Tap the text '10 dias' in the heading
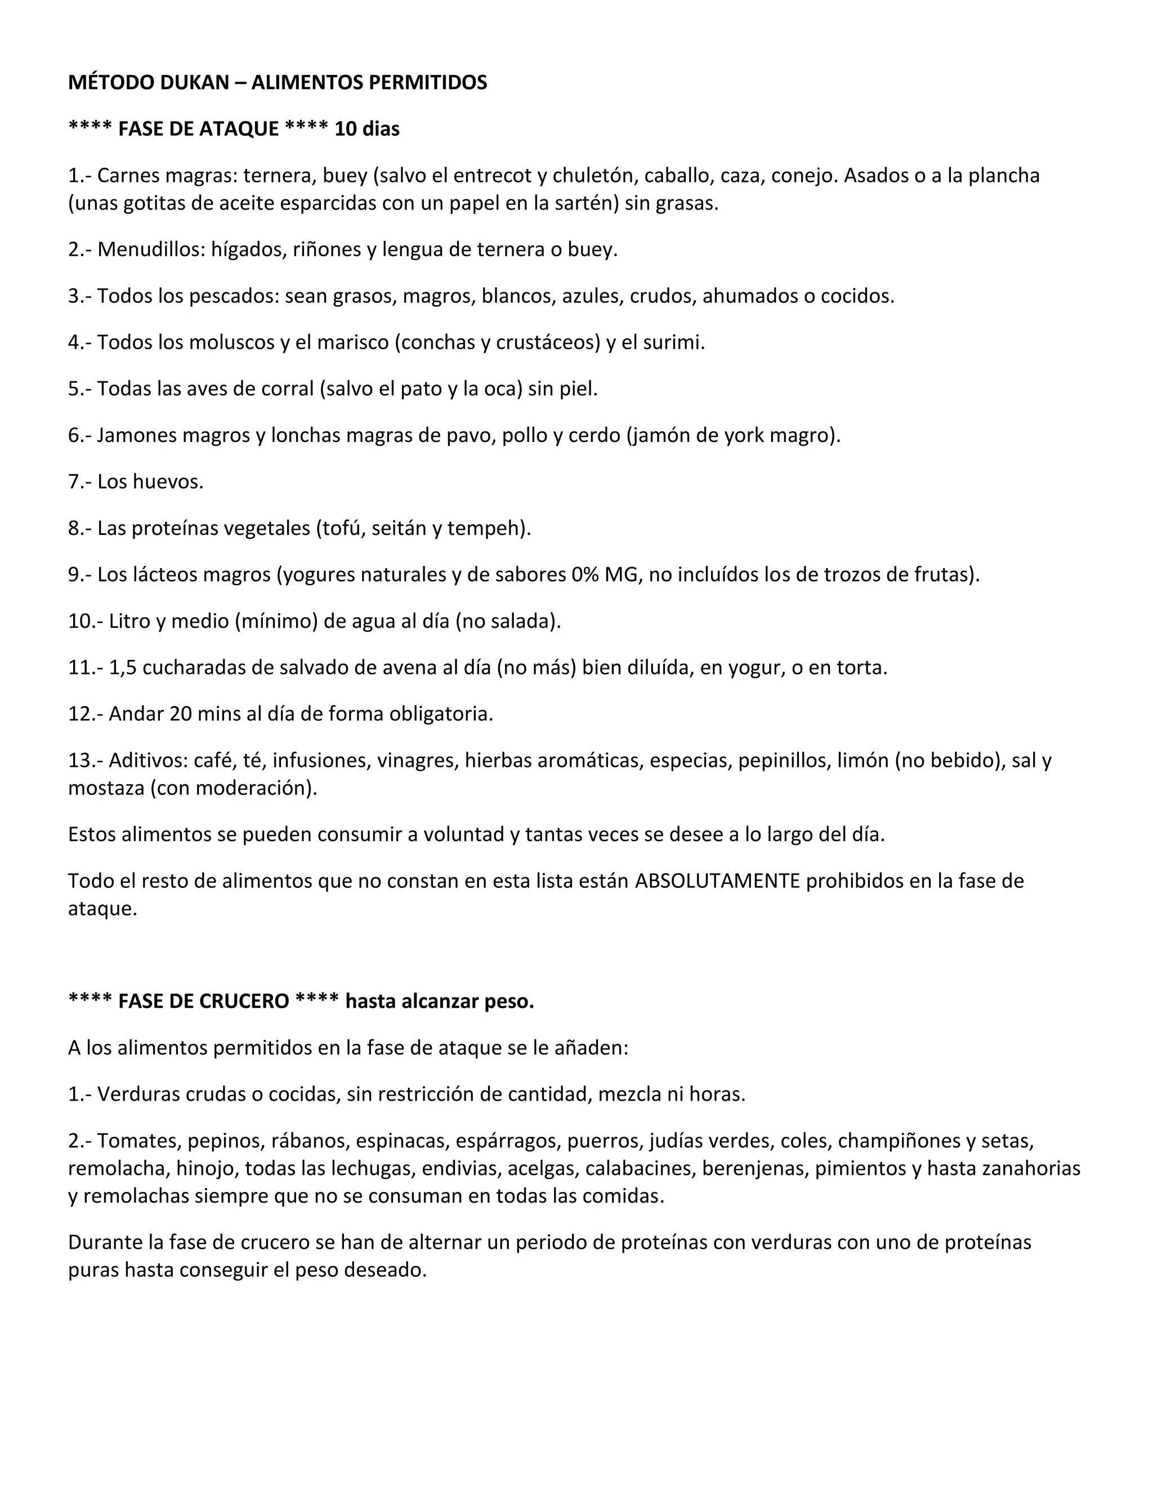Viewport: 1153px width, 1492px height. (367, 129)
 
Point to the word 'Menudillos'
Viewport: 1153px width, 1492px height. (150, 249)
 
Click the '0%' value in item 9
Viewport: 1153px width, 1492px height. (585, 574)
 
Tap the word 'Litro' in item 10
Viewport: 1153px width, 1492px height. (130, 621)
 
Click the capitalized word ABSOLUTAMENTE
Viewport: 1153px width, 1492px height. (717, 881)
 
